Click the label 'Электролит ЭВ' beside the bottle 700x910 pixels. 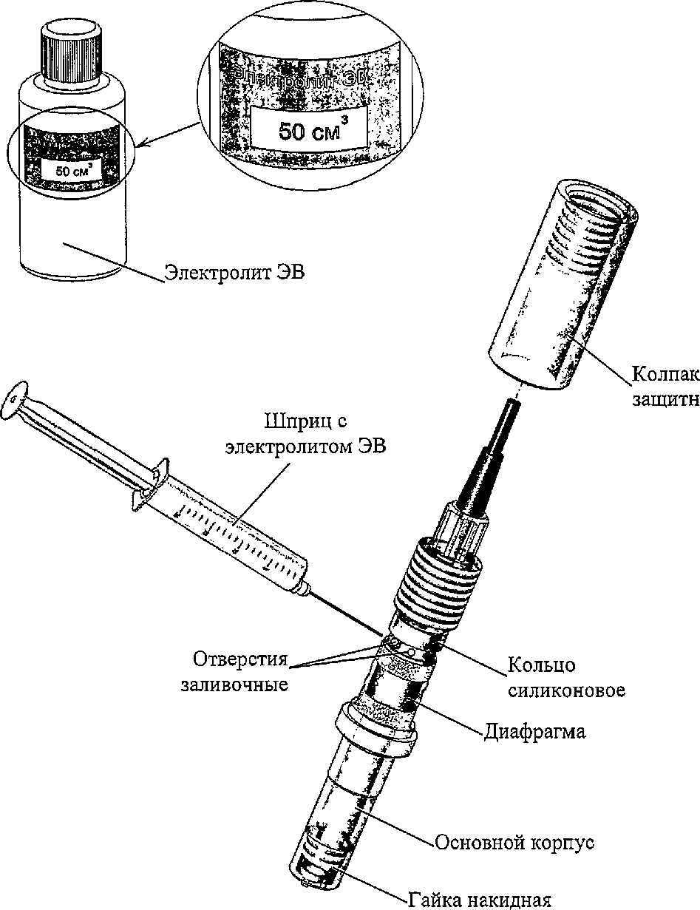[234, 273]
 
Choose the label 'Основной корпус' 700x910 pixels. [514, 843]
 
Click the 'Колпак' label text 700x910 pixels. [665, 373]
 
